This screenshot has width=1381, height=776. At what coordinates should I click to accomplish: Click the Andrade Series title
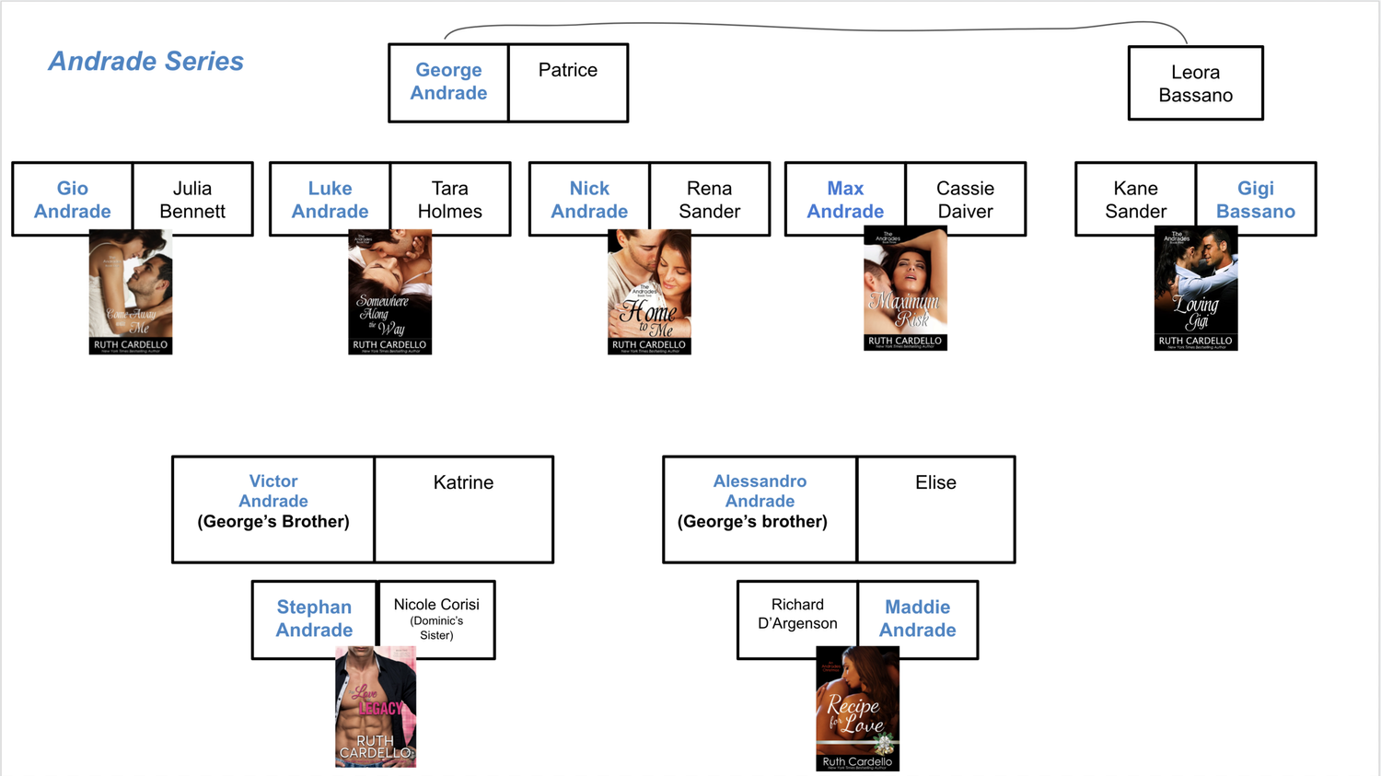[x=145, y=62]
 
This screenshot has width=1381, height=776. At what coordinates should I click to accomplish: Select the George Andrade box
[x=448, y=82]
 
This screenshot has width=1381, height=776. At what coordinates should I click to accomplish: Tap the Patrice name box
[x=568, y=82]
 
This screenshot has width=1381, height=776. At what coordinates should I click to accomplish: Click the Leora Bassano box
[x=1195, y=84]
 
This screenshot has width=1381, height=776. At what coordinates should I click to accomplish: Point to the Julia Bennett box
[x=192, y=200]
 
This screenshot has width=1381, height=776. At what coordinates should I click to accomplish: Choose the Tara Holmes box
[x=450, y=200]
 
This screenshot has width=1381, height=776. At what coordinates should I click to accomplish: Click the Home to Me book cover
[x=649, y=293]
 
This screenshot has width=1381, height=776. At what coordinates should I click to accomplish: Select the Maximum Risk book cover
[x=905, y=289]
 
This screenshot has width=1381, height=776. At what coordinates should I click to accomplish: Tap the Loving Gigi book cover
[x=1195, y=289]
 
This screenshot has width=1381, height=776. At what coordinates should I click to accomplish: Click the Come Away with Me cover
[x=131, y=293]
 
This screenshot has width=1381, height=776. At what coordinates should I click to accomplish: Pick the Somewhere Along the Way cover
[x=389, y=293]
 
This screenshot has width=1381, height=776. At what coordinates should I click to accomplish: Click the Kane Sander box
[x=1135, y=200]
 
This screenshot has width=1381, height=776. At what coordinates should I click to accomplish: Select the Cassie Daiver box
[x=965, y=200]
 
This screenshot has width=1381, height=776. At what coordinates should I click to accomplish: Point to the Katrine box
[x=463, y=509]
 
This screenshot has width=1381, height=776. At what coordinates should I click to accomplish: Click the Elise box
[x=935, y=509]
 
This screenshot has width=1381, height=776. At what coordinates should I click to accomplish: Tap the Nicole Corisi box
[x=436, y=620]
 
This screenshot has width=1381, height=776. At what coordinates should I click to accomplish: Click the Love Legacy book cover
[x=376, y=707]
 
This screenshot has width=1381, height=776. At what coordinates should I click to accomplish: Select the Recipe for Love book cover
[x=857, y=709]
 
